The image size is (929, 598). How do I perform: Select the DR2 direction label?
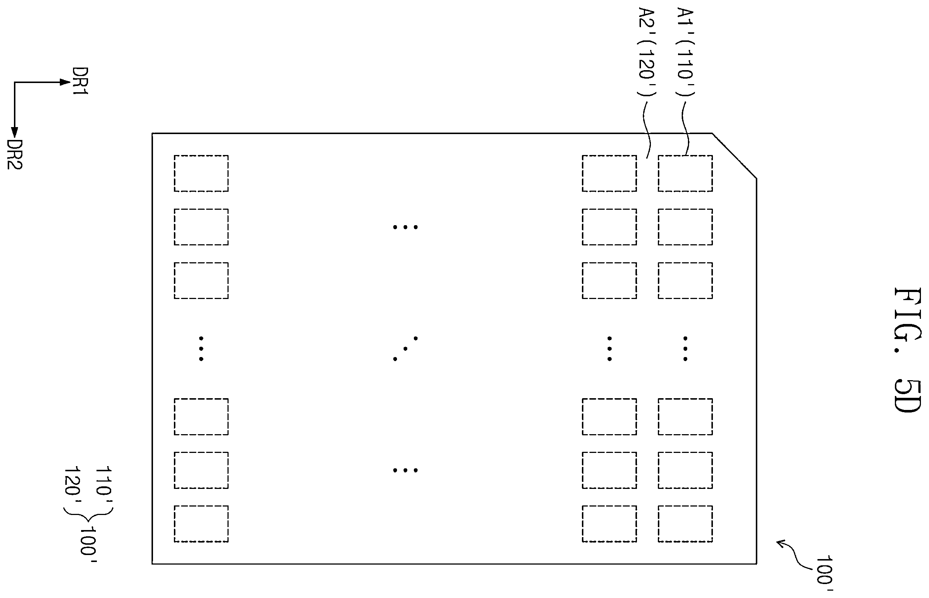tap(15, 155)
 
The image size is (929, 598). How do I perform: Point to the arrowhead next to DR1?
tap(64, 82)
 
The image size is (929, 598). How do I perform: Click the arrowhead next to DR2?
tap(14, 133)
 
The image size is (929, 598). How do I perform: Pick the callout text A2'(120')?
tap(646, 52)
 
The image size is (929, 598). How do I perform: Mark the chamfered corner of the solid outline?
tap(734, 156)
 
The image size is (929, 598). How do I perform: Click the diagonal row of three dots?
tap(405, 349)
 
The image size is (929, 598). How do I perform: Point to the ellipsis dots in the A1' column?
tap(685, 349)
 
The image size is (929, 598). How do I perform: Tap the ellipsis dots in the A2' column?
tap(609, 349)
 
